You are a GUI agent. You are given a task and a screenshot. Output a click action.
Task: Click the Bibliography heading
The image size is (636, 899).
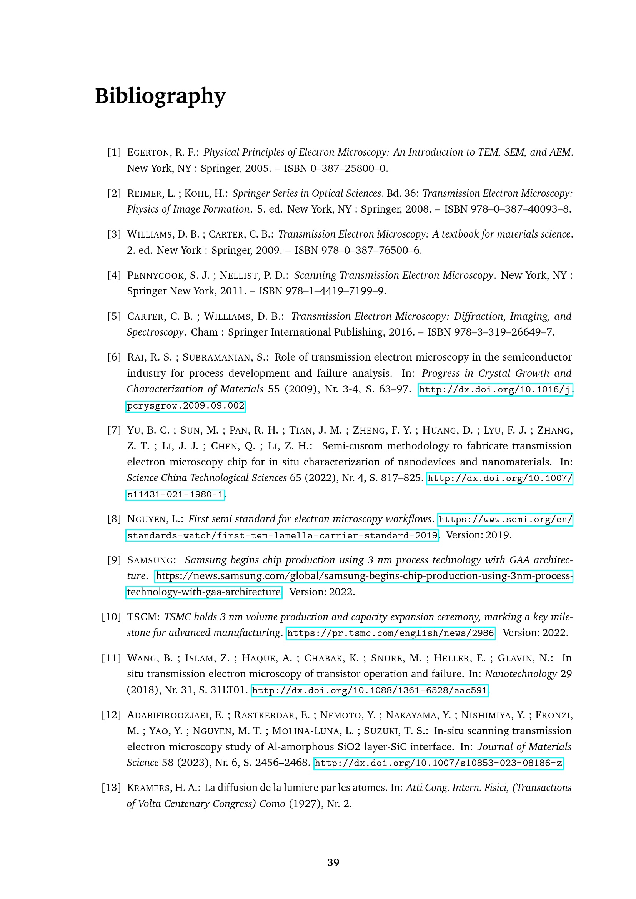[x=160, y=96]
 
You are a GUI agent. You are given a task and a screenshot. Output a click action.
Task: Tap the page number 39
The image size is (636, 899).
[x=333, y=862]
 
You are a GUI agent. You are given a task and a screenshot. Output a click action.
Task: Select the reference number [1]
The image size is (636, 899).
[x=114, y=152]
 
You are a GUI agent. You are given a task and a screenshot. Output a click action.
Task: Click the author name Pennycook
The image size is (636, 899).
[x=155, y=275]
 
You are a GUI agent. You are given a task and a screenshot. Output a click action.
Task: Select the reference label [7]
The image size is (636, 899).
[x=114, y=430]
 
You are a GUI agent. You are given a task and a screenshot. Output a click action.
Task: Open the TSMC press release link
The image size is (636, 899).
[x=390, y=633]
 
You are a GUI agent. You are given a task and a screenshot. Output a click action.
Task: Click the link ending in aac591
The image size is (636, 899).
[x=370, y=690]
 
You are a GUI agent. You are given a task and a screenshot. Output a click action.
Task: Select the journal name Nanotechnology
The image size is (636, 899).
[x=521, y=674]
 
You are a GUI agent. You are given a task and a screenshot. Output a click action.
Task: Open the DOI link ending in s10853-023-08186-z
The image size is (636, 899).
[x=438, y=763]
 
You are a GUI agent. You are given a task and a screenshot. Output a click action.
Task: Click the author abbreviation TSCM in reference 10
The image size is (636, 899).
[x=142, y=617]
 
